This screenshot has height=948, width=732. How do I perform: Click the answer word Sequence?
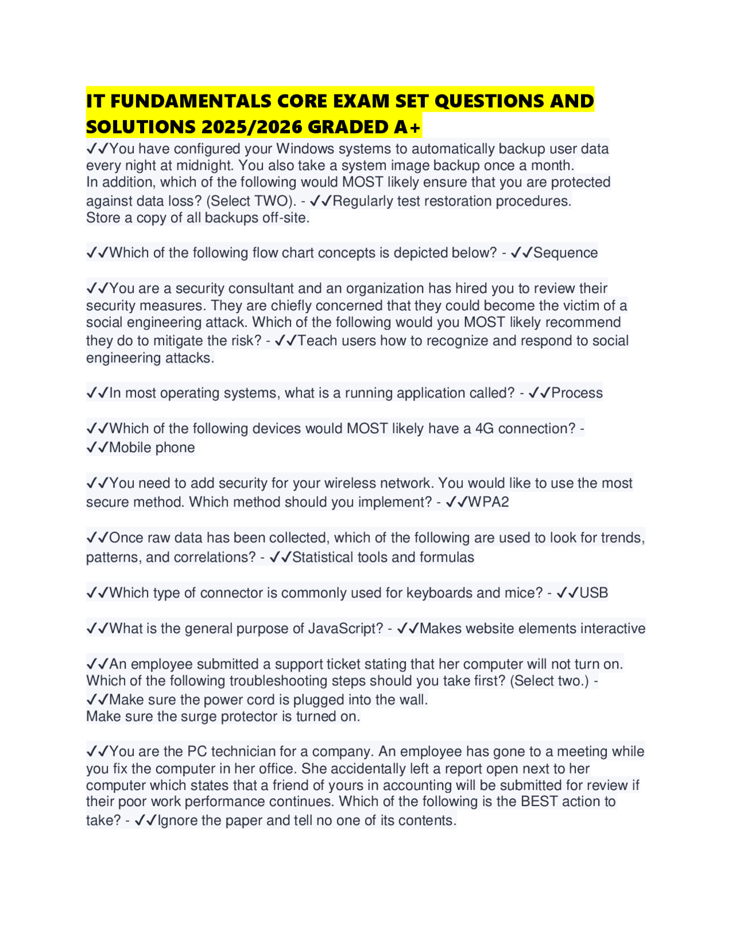(566, 253)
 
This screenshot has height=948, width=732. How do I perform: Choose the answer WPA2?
(488, 503)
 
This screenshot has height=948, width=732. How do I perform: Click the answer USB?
(594, 593)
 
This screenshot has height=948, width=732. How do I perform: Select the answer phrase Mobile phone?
(152, 448)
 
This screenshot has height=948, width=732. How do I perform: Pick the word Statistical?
(323, 558)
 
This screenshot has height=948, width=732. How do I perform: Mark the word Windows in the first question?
(305, 149)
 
